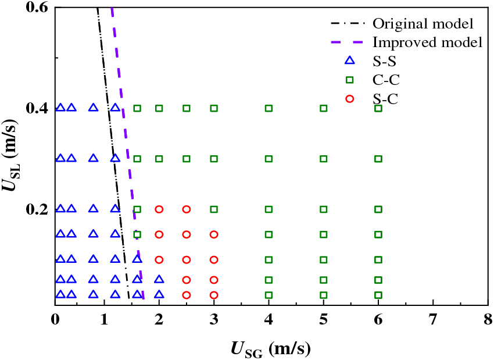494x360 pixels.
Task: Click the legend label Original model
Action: (422, 24)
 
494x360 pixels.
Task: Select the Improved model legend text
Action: (427, 42)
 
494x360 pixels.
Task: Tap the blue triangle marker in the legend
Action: (349, 60)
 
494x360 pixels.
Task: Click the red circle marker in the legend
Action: (349, 99)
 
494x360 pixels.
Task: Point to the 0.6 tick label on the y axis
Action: (38, 8)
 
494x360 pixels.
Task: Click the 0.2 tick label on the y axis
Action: (38, 209)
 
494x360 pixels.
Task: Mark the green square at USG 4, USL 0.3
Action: (269, 159)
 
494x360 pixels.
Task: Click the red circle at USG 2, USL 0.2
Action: (159, 209)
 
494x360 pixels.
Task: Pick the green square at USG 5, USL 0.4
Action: (324, 108)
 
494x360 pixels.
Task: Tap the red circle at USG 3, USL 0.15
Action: (214, 235)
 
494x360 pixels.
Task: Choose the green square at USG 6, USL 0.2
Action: (378, 209)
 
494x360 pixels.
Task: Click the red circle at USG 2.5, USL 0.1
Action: (187, 260)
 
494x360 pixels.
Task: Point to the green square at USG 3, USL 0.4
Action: (214, 108)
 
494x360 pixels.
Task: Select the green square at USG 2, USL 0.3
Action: (159, 159)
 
